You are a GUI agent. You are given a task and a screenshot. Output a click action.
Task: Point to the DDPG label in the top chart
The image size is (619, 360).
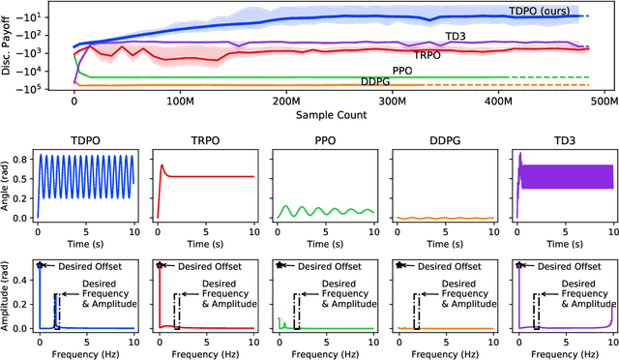pyautogui.click(x=376, y=81)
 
